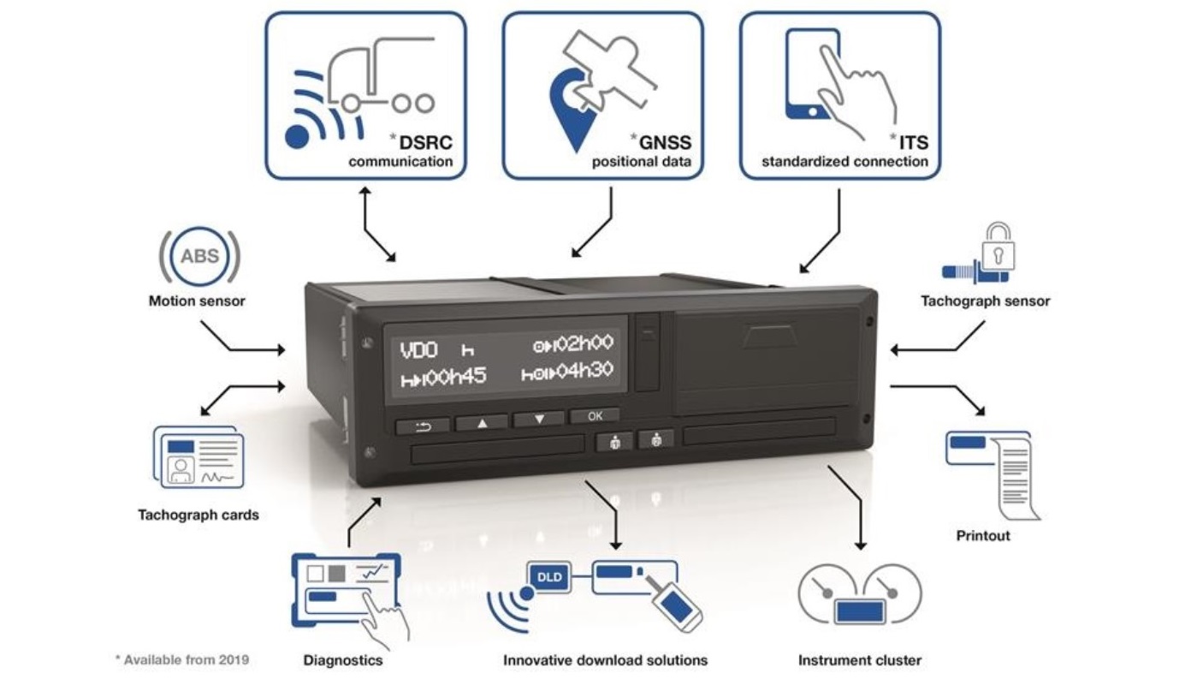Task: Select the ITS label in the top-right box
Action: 910,141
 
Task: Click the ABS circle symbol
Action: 199,254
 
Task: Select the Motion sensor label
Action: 197,301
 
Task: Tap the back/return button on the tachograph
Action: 421,425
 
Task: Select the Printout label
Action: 983,535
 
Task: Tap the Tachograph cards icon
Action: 197,458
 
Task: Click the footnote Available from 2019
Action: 182,659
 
